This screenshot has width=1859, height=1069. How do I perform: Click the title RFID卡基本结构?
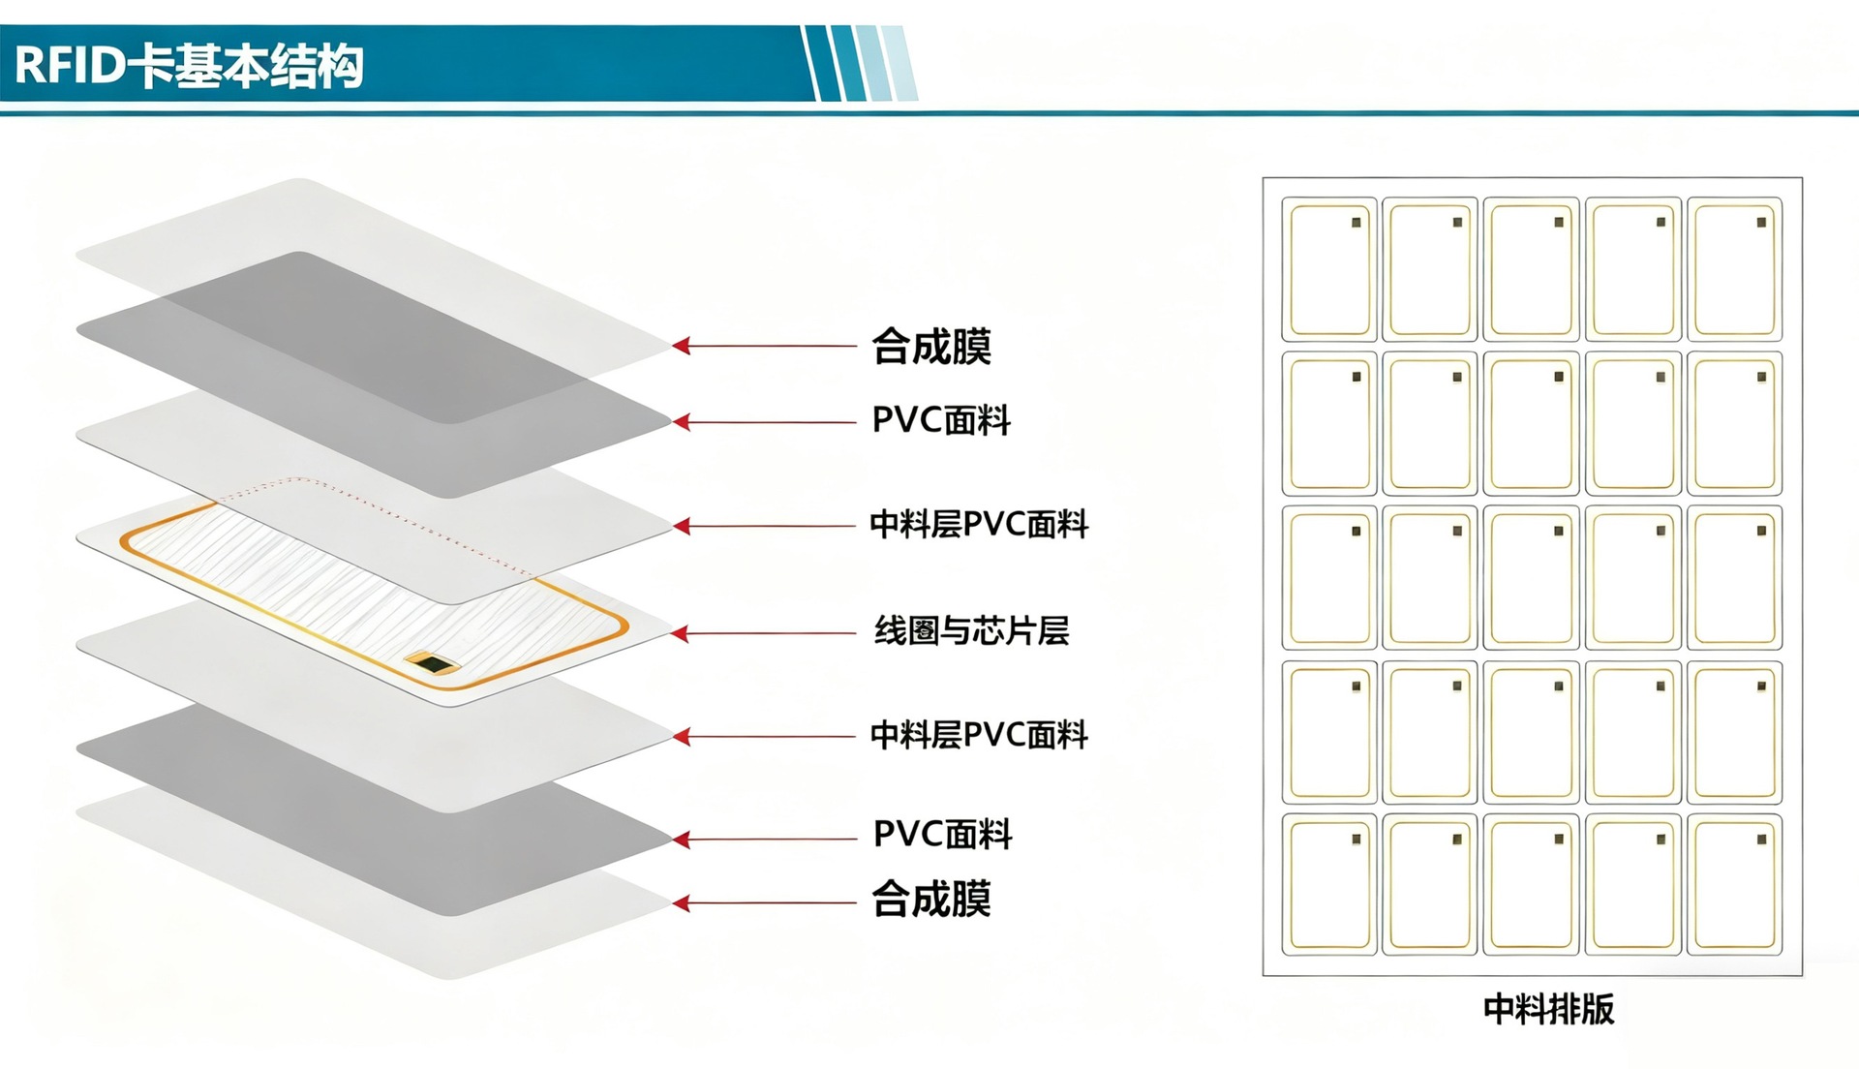(x=190, y=66)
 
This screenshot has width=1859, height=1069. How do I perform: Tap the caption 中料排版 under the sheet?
(x=1548, y=1009)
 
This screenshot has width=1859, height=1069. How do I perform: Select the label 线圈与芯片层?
(x=971, y=631)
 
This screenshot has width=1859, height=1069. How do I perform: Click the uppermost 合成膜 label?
(x=931, y=347)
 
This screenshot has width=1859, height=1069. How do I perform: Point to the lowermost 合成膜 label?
(x=931, y=900)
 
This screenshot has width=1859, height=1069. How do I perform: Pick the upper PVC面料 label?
(x=941, y=421)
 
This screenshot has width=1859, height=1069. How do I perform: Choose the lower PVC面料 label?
(x=942, y=835)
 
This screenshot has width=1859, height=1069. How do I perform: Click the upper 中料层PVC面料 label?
(x=979, y=525)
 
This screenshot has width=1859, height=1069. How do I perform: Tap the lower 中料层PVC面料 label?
(x=979, y=736)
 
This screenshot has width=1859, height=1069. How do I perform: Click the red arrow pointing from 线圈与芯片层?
(x=765, y=634)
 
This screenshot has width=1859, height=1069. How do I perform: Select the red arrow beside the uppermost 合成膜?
(x=765, y=346)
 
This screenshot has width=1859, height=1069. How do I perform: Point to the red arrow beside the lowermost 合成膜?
(x=765, y=903)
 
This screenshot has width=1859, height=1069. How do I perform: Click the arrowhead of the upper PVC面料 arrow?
(x=682, y=422)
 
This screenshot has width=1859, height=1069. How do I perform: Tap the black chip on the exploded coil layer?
(x=434, y=664)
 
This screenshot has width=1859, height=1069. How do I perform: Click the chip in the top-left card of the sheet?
(x=1356, y=223)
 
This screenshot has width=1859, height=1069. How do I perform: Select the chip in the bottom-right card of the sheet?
(x=1761, y=840)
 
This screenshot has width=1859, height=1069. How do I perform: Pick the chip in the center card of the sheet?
(x=1559, y=531)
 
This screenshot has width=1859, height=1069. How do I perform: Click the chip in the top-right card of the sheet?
(x=1761, y=223)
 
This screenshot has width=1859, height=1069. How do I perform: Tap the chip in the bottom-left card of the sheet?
(x=1356, y=840)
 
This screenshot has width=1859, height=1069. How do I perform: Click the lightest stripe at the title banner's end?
(x=900, y=64)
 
